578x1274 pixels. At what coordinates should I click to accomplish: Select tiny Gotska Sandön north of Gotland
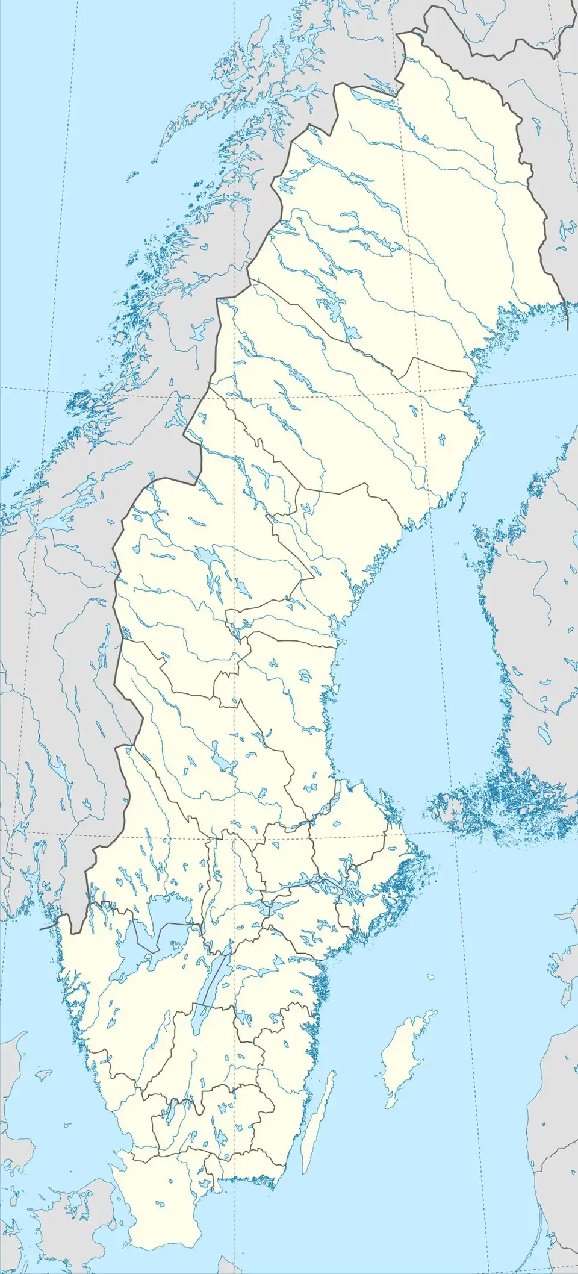coord(430,976)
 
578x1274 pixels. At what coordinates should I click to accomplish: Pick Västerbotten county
coord(337,422)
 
